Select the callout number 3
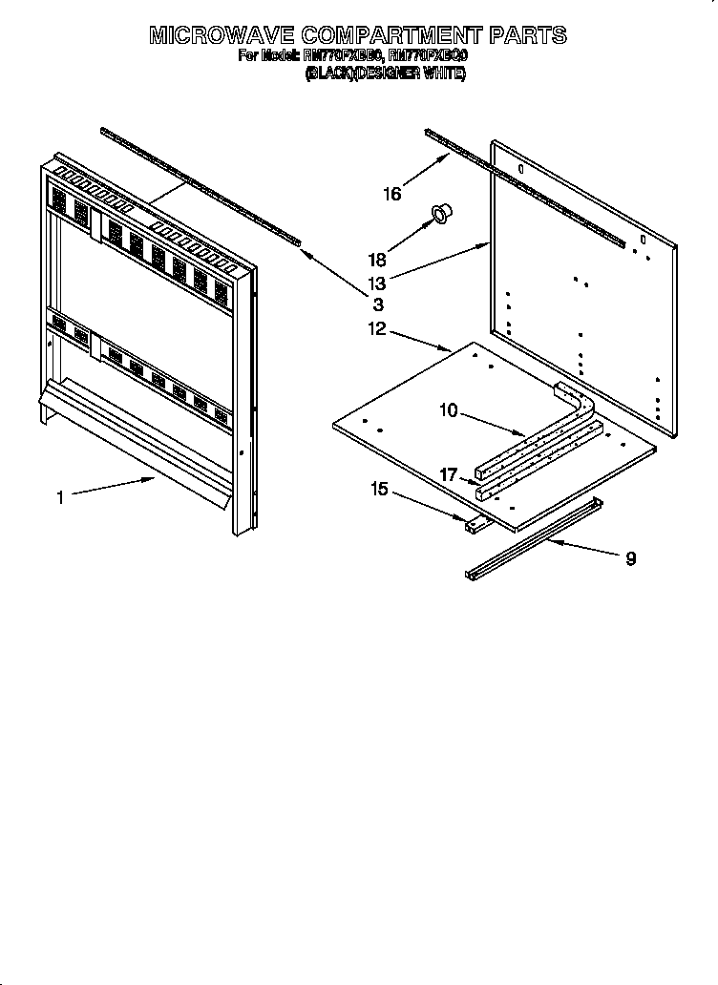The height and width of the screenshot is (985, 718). (x=378, y=304)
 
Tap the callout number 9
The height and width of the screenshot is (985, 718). (x=630, y=558)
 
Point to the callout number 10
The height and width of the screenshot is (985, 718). (x=448, y=410)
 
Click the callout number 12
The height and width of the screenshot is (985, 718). (x=376, y=329)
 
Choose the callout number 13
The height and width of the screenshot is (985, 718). (x=379, y=283)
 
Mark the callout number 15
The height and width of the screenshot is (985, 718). (x=379, y=489)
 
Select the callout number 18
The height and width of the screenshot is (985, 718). (x=378, y=259)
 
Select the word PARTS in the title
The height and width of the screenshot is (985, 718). (x=528, y=36)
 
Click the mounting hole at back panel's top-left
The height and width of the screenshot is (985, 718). (x=520, y=168)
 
